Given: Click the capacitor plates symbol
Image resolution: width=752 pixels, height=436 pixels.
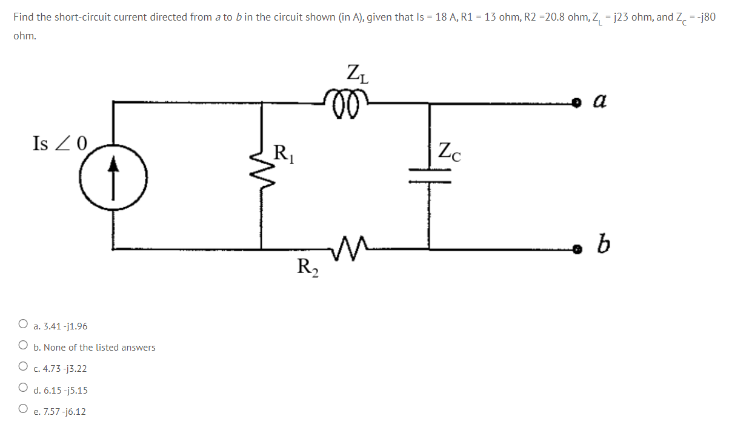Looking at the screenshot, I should (x=430, y=174).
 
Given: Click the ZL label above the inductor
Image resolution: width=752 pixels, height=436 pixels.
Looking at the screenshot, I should (x=358, y=74).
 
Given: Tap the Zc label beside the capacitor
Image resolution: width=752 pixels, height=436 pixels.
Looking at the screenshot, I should (x=449, y=151).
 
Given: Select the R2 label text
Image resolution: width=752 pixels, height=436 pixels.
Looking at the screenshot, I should (x=308, y=266).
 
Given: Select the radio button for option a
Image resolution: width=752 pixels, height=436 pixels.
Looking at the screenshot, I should (x=23, y=325).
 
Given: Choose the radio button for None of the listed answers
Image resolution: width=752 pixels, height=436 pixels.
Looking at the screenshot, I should (x=23, y=346).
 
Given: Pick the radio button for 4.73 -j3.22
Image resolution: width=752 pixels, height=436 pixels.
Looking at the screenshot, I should (x=23, y=367).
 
